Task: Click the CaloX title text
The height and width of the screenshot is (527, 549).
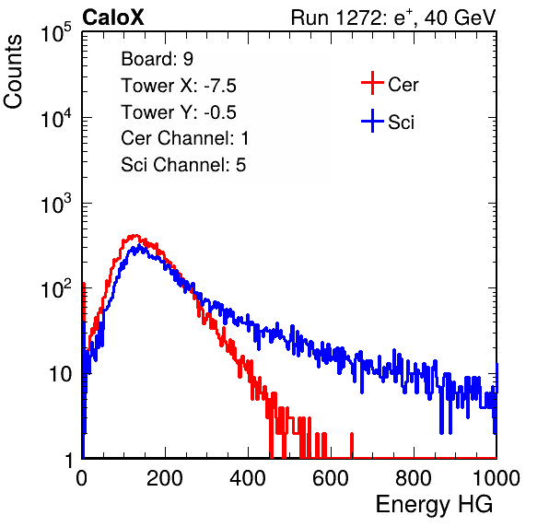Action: coord(113,18)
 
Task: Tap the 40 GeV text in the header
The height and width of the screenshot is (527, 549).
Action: coord(460,18)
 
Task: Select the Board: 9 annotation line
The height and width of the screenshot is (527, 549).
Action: coord(157,59)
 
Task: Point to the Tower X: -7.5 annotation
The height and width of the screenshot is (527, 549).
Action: coord(179,86)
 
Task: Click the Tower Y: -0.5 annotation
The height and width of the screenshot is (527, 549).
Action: coord(179,112)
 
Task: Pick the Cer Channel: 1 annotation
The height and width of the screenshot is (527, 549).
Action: coord(185,138)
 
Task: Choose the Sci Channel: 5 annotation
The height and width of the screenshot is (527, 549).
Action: coord(183,165)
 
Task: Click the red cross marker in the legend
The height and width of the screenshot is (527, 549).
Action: coord(372,83)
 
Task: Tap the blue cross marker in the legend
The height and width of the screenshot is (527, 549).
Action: coord(372,121)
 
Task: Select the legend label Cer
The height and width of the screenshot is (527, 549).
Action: coord(403,85)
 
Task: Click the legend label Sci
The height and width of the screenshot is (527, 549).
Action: coord(401,123)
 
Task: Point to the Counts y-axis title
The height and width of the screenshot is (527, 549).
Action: coord(13,72)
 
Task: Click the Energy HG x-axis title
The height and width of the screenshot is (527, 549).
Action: coord(434,505)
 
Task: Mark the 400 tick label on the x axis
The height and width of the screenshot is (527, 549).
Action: coord(248,478)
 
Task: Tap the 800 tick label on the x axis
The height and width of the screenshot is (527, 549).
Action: coord(414,478)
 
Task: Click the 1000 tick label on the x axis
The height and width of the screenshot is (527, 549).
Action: coord(496,478)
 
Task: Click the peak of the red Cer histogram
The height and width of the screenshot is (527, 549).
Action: coord(135,235)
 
